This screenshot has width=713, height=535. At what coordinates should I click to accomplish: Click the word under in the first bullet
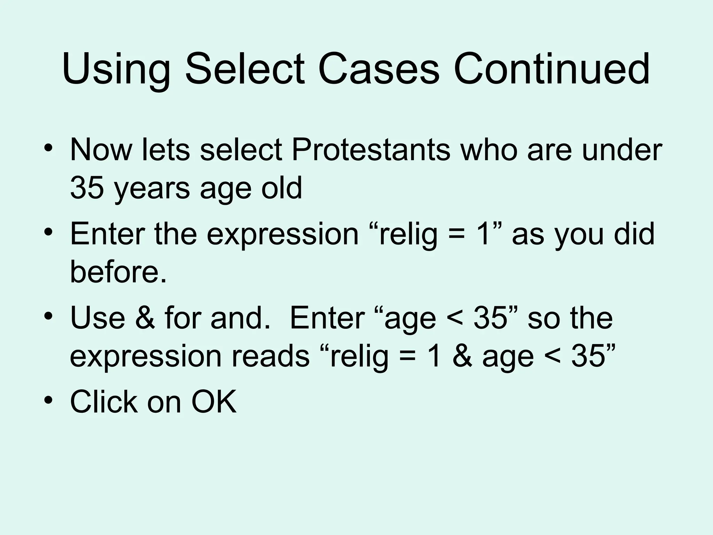click(x=622, y=150)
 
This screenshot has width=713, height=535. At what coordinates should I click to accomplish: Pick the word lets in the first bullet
click(x=166, y=150)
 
